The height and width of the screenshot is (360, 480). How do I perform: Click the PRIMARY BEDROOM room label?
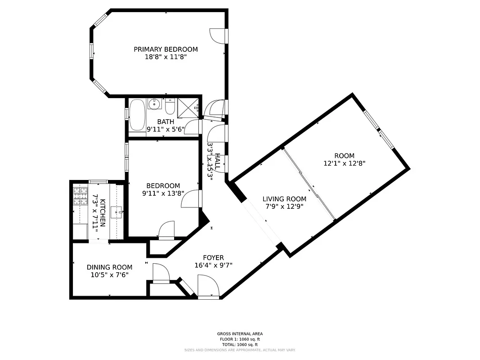point(166,49)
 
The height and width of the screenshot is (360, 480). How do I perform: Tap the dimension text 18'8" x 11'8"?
point(166,57)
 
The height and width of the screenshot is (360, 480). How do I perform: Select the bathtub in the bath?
point(137,114)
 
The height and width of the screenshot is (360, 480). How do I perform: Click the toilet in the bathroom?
point(170,107)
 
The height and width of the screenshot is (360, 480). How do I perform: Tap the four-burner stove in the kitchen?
point(80,196)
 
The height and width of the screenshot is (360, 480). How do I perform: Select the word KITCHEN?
point(103,212)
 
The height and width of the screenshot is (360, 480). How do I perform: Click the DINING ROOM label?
point(109,267)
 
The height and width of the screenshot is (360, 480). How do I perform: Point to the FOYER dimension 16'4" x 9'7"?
point(213,265)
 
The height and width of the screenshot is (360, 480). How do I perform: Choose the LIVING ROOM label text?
point(284,199)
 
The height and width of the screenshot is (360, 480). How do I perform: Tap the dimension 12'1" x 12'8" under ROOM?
point(344,164)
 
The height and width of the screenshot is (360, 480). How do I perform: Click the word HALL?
point(218,161)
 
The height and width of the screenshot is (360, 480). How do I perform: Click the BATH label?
point(166,122)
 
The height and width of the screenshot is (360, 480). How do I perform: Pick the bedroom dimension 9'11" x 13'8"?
point(163,193)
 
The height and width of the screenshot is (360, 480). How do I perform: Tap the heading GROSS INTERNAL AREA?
point(240,334)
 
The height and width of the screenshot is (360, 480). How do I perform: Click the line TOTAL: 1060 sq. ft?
point(240,344)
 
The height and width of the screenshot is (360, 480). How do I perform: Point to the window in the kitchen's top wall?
point(98,181)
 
